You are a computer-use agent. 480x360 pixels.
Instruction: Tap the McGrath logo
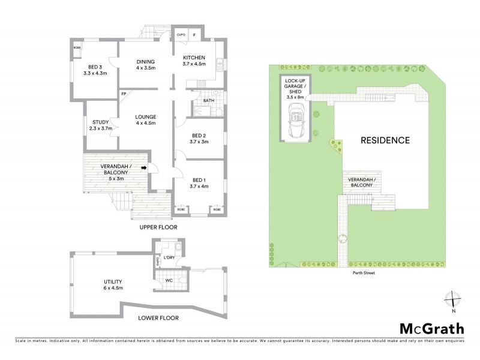[431, 328]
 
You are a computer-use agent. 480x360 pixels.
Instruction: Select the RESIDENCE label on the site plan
[385, 140]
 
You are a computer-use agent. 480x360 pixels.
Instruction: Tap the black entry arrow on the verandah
[144, 169]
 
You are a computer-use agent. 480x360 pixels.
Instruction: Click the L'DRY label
[169, 258]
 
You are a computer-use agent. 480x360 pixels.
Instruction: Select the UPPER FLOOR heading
[156, 229]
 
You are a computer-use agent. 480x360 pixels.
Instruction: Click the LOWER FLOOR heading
[158, 318]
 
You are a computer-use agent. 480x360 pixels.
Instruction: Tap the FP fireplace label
[123, 94]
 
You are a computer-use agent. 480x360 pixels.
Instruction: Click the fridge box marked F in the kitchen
[194, 35]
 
